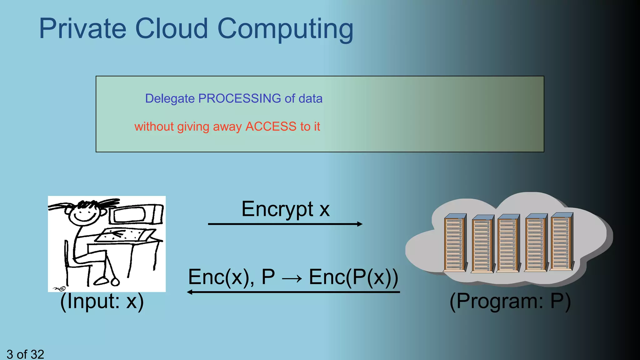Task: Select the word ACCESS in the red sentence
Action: point(271,127)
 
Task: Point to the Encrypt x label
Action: point(285,209)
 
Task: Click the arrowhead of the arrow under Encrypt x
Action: point(360,224)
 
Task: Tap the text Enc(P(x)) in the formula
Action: point(353,277)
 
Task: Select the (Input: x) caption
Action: point(102,301)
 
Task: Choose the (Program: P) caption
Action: point(510,301)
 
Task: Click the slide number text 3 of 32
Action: point(25,354)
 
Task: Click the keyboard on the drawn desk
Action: point(125,235)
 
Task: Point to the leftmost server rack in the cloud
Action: point(455,243)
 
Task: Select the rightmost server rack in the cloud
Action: point(562,241)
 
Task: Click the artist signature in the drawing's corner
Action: point(59,288)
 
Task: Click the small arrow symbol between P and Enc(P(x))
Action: point(292,278)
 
